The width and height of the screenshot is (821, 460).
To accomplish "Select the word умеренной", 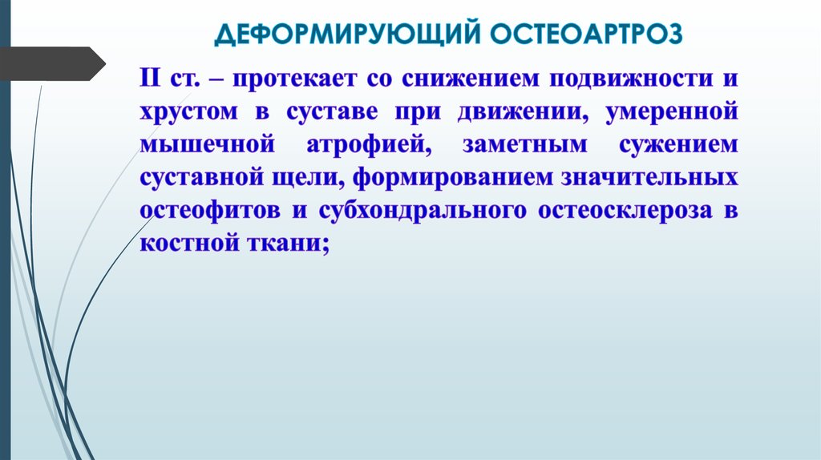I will (671, 113).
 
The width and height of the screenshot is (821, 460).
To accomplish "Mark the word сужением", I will (679, 145).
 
